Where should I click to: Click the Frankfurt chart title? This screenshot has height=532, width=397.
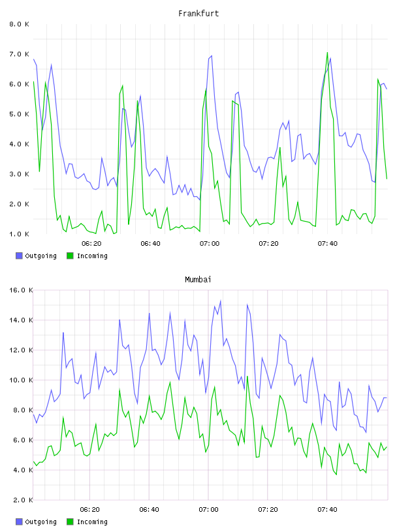point(198,13)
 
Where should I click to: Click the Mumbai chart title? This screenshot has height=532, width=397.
point(198,279)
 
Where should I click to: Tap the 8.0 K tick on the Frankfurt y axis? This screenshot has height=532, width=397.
point(19,24)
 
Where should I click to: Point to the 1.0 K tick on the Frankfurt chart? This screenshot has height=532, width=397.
point(19,234)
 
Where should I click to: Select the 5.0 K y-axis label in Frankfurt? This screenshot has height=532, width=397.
point(19,114)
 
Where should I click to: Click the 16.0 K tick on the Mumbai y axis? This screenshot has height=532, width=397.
point(20,290)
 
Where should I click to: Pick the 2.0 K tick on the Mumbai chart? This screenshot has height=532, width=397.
point(20,500)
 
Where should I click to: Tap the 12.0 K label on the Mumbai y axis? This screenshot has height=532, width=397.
point(20,350)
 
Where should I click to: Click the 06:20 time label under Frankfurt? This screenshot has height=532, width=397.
point(91,243)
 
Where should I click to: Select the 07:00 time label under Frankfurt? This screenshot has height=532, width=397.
point(210,243)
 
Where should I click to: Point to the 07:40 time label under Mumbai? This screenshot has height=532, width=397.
point(327,509)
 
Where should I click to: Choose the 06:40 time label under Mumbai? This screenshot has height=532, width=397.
point(150,509)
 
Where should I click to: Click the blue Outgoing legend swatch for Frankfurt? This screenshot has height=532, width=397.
point(19,256)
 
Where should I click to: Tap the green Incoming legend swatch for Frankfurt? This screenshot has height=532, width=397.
point(70,256)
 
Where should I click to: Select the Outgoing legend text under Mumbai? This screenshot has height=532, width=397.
point(40,522)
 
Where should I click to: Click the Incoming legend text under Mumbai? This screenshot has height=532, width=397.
point(92,522)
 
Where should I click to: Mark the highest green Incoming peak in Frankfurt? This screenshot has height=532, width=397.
point(327,53)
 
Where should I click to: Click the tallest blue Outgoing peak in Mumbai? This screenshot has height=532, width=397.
point(221,301)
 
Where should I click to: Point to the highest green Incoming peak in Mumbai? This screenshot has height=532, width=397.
point(247,376)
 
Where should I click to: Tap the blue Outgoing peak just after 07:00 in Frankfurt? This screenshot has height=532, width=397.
point(212,56)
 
